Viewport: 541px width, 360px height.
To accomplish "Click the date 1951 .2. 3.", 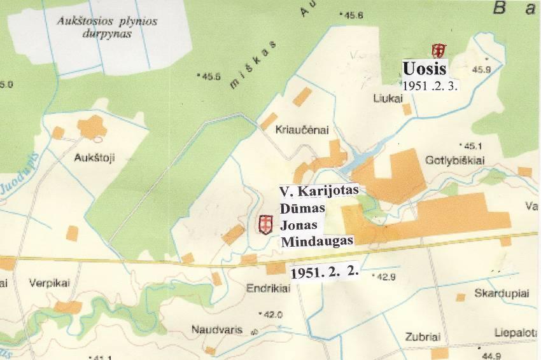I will pos(431,83).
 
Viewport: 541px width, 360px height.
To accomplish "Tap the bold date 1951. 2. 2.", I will pos(325,272).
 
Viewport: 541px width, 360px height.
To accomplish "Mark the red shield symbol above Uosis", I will pos(438,50).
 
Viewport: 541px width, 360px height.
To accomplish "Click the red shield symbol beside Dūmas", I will pos(265,223).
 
